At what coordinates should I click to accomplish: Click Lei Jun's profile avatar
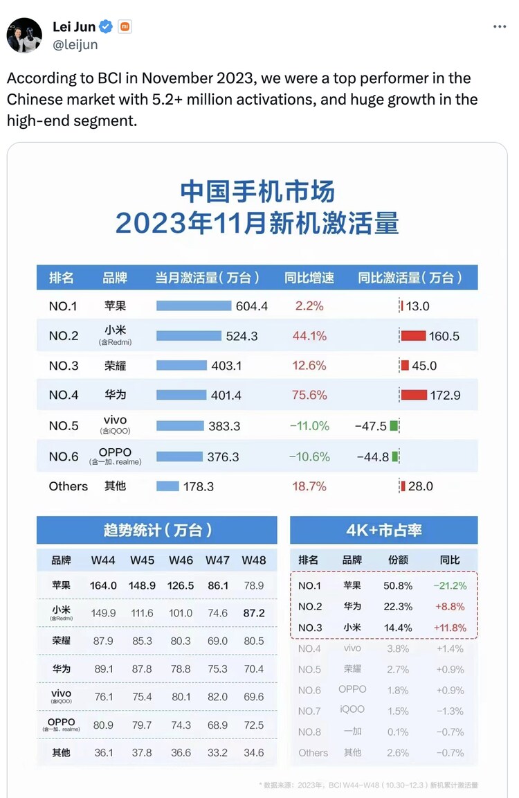click(24, 35)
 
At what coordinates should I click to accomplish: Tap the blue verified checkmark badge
click(106, 27)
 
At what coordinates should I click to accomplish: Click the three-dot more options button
click(499, 27)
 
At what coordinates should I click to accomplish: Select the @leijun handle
click(75, 44)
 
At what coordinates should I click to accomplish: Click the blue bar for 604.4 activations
click(194, 306)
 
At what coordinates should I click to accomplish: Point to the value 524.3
click(242, 336)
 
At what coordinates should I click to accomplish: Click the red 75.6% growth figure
click(309, 395)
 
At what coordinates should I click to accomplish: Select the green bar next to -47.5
click(394, 425)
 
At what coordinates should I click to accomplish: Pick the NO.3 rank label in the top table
click(63, 366)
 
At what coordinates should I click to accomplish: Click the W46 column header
click(181, 560)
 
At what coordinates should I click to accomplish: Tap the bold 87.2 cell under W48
click(253, 613)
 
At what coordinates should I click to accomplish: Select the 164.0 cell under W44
click(103, 585)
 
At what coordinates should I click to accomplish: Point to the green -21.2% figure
click(450, 585)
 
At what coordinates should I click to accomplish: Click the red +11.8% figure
click(450, 628)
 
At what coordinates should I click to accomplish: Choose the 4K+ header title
click(383, 531)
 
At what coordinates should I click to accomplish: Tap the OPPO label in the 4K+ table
click(352, 689)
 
